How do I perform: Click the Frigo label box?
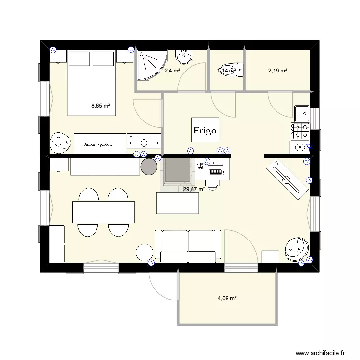pos(205,130)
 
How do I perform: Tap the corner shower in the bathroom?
pos(151,64)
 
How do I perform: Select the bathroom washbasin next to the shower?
pos(184,57)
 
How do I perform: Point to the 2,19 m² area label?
pos(277,71)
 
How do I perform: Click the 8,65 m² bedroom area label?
pos(101,106)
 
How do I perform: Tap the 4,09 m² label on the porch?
pos(228,298)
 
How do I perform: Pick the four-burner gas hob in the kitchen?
pos(300,130)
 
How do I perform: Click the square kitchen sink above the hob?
pos(302,113)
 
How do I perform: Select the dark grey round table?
pos(149,166)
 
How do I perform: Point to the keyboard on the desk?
pos(215,171)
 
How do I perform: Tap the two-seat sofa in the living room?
pos(188,246)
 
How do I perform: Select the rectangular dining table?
pos(104,212)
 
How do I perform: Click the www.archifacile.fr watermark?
pos(321,353)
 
